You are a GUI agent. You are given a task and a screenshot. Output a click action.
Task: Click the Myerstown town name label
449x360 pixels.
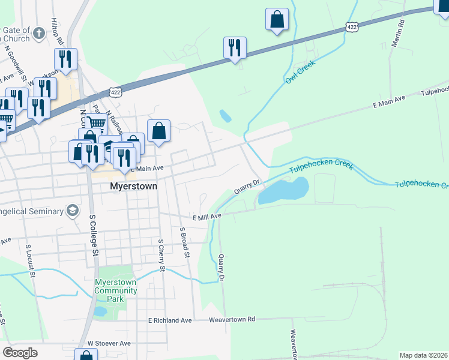(x=133, y=187)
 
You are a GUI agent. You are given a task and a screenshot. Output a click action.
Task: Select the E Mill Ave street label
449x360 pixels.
(x=206, y=216)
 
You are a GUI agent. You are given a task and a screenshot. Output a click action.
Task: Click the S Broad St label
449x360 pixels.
(x=185, y=242)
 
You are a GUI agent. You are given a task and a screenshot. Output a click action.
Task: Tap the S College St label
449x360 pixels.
(x=93, y=235)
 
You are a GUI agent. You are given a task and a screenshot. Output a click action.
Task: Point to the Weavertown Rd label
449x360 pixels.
(x=232, y=320)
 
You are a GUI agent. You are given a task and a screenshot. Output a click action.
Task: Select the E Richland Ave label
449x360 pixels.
(x=170, y=320)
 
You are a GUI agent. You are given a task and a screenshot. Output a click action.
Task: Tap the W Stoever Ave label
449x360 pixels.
(x=109, y=343)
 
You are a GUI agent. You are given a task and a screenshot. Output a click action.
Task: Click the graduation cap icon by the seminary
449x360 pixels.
(x=73, y=210)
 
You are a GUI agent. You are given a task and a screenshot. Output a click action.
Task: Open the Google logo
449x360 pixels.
(x=20, y=352)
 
